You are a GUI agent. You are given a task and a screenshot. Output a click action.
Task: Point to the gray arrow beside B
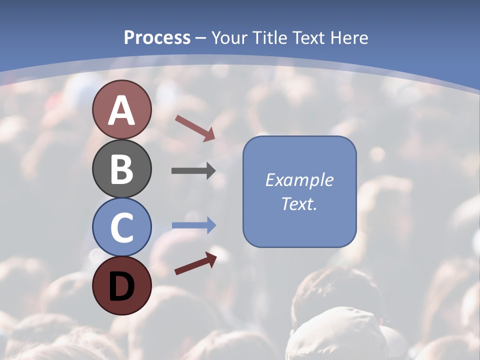[x=193, y=171]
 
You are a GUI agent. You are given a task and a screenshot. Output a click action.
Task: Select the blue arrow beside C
[x=194, y=225]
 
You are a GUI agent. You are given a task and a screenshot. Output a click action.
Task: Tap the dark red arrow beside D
[x=195, y=263]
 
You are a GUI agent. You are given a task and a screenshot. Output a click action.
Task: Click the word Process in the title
[x=157, y=38]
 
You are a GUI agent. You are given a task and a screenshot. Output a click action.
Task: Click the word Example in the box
[x=299, y=180]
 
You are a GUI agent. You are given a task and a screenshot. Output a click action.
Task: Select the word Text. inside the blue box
[x=299, y=204]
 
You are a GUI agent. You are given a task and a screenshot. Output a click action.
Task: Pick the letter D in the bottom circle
[x=121, y=287]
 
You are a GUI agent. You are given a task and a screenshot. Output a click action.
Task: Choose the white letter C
[x=121, y=228]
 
